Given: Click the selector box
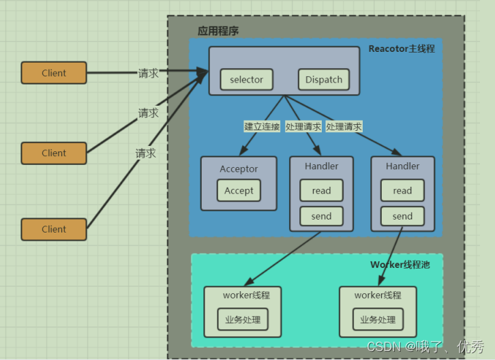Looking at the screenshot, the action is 247,80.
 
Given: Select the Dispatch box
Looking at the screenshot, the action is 324,80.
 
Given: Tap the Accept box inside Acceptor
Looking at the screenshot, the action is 239,190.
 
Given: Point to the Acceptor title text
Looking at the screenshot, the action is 239,169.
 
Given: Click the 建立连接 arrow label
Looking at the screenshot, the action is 262,127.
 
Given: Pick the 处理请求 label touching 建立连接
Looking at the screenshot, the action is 303,127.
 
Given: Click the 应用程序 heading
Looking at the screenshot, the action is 218,31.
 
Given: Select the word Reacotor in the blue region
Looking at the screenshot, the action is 389,48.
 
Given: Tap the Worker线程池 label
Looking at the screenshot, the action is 400,265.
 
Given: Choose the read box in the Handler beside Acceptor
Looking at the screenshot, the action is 321,190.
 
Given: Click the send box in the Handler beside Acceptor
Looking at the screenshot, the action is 321,216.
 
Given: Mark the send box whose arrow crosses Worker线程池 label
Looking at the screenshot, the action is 402,216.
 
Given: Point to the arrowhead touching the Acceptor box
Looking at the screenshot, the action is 243,150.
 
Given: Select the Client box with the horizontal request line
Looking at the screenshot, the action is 54,73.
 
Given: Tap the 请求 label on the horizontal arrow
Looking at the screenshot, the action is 148,73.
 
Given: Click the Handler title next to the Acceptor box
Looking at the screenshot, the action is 321,166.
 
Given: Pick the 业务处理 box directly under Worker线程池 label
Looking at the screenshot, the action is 378,320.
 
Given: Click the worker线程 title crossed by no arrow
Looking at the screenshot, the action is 246,295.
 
